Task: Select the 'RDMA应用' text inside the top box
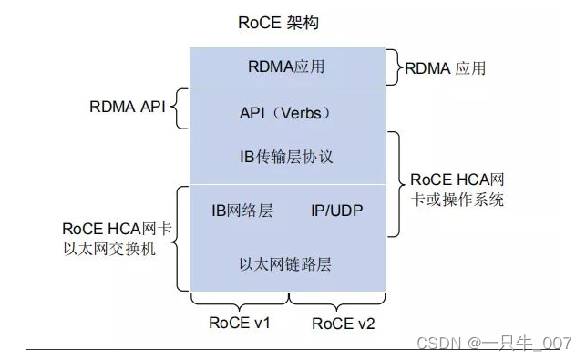click(286, 67)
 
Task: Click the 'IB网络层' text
click(242, 210)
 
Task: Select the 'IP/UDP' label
click(336, 210)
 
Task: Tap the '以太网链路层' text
click(284, 264)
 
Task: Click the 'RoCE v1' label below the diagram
click(239, 322)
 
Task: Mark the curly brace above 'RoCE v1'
click(240, 300)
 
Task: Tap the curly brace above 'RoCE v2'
click(337, 300)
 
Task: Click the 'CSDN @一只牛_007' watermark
click(493, 343)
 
